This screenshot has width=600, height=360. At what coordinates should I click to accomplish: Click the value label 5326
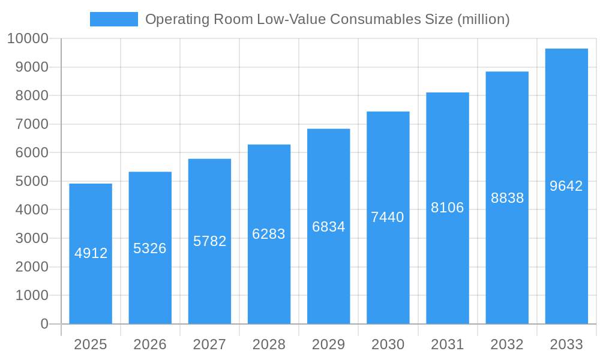150,248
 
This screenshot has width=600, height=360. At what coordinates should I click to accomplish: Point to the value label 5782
209,241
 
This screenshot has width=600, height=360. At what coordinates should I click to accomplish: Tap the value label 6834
329,227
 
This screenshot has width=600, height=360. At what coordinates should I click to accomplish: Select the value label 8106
448,208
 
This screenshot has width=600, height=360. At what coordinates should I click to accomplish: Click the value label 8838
507,198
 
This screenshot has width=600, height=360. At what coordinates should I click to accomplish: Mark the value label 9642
566,186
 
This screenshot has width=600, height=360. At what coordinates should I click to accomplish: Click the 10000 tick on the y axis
28,39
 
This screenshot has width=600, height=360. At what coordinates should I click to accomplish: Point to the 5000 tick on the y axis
32,181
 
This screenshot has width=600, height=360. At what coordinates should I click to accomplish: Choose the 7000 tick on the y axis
32,124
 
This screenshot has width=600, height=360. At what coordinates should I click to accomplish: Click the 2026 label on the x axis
150,344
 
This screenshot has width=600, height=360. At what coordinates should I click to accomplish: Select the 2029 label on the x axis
329,344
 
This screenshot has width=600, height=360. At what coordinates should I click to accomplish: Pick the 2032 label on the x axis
507,344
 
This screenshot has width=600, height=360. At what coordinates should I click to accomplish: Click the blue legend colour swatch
114,19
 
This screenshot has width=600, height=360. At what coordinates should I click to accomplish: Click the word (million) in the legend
483,19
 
